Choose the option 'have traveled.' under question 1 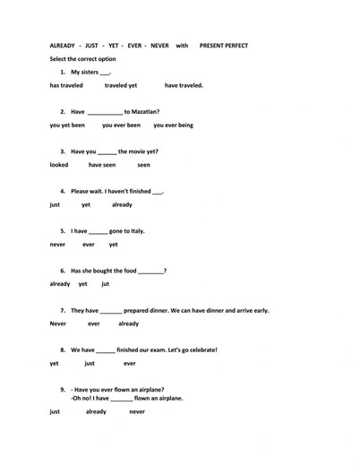click(184, 86)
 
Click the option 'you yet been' click(67, 125)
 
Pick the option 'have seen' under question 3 click(102, 165)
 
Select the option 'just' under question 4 click(55, 204)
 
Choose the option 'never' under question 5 click(58, 244)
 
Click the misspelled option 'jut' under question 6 click(105, 283)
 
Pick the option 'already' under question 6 click(60, 283)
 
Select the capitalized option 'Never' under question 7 click(58, 324)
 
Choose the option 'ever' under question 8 click(129, 363)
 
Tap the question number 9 click(63, 389)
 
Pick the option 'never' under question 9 click(137, 411)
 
